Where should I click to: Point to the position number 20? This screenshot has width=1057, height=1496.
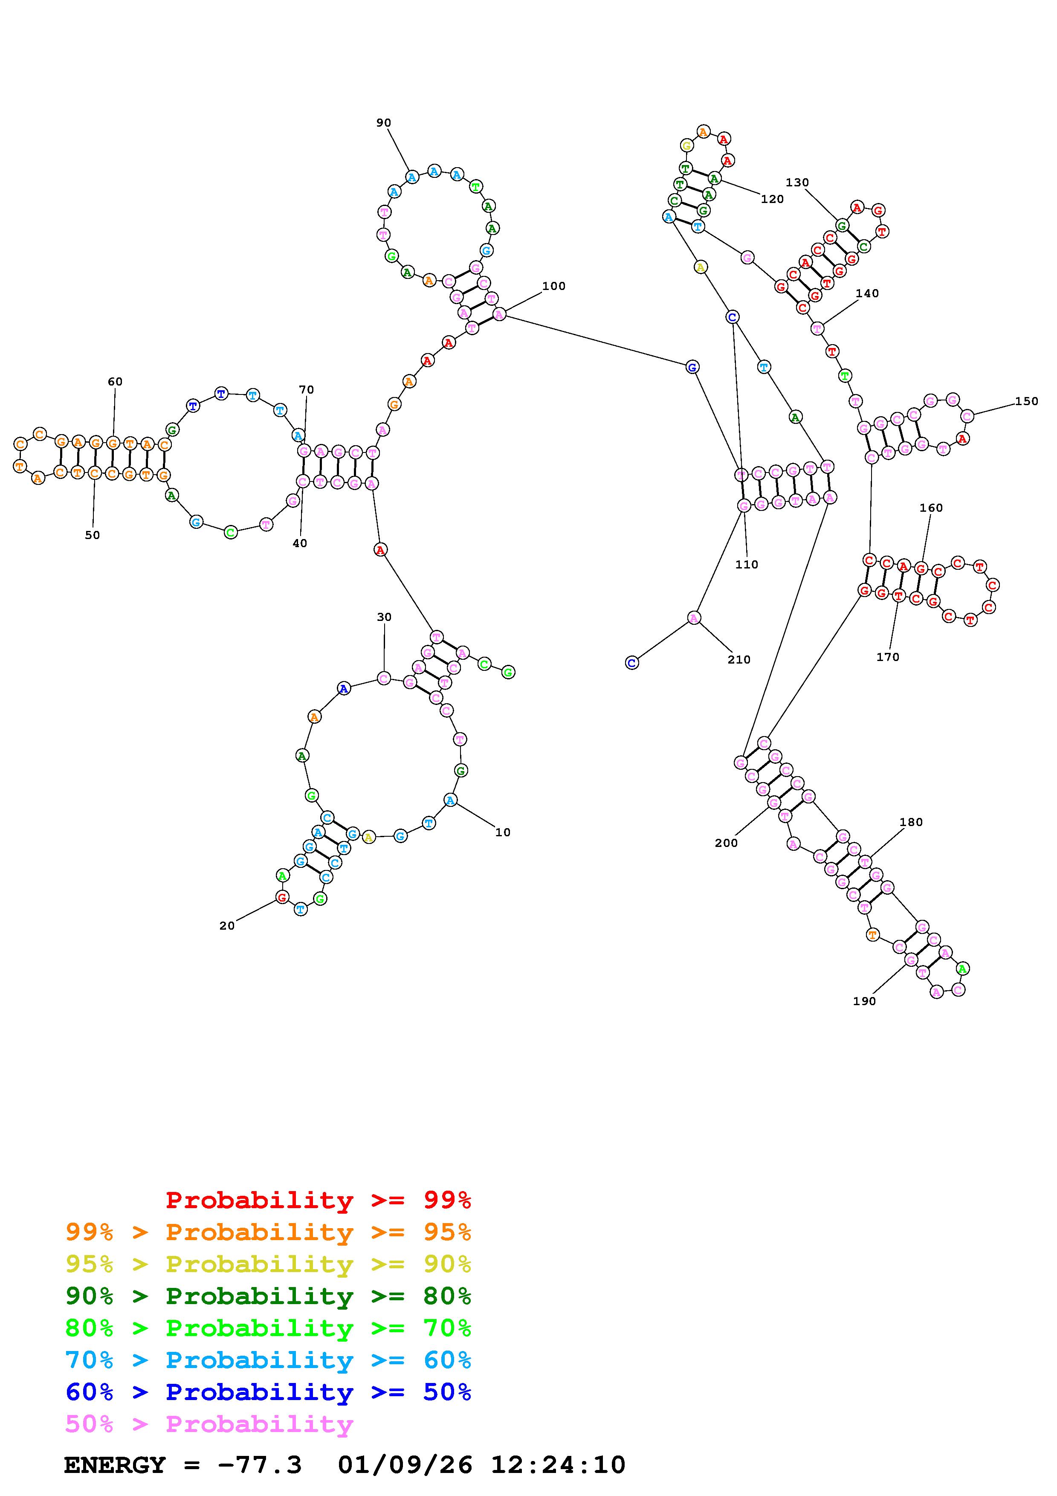[227, 926]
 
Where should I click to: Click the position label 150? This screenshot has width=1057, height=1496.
[1026, 401]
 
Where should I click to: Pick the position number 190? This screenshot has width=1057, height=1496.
[864, 1001]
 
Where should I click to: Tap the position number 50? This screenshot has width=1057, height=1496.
[93, 535]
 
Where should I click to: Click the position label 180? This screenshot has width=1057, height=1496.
[911, 822]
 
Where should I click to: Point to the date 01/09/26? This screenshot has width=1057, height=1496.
[405, 1465]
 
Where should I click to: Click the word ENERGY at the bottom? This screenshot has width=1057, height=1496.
[115, 1465]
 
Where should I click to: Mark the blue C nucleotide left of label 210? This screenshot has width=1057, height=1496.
[631, 663]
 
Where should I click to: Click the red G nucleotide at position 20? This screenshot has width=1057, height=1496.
[282, 897]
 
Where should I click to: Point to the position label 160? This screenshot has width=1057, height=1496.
[931, 507]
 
